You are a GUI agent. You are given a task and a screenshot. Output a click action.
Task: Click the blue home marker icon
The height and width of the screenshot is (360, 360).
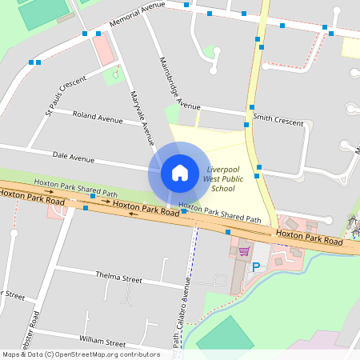pos(180,173)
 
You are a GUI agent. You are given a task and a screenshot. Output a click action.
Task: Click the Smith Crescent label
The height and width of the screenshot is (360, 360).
pos(278,120)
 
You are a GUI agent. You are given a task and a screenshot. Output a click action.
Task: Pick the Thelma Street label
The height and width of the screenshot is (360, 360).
pos(118,280)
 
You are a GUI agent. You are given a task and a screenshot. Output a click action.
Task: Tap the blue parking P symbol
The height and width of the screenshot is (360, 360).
pos(256,267)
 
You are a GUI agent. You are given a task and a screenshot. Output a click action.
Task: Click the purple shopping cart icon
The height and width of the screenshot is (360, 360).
pos(243,251)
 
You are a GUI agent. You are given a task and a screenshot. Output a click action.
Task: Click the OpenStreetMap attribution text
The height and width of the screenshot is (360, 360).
pos(81,354)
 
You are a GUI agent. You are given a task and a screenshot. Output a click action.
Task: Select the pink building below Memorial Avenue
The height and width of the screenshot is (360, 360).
pos(103,50)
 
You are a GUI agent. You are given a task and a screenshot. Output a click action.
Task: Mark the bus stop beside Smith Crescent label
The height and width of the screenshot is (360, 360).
pos(251,107)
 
